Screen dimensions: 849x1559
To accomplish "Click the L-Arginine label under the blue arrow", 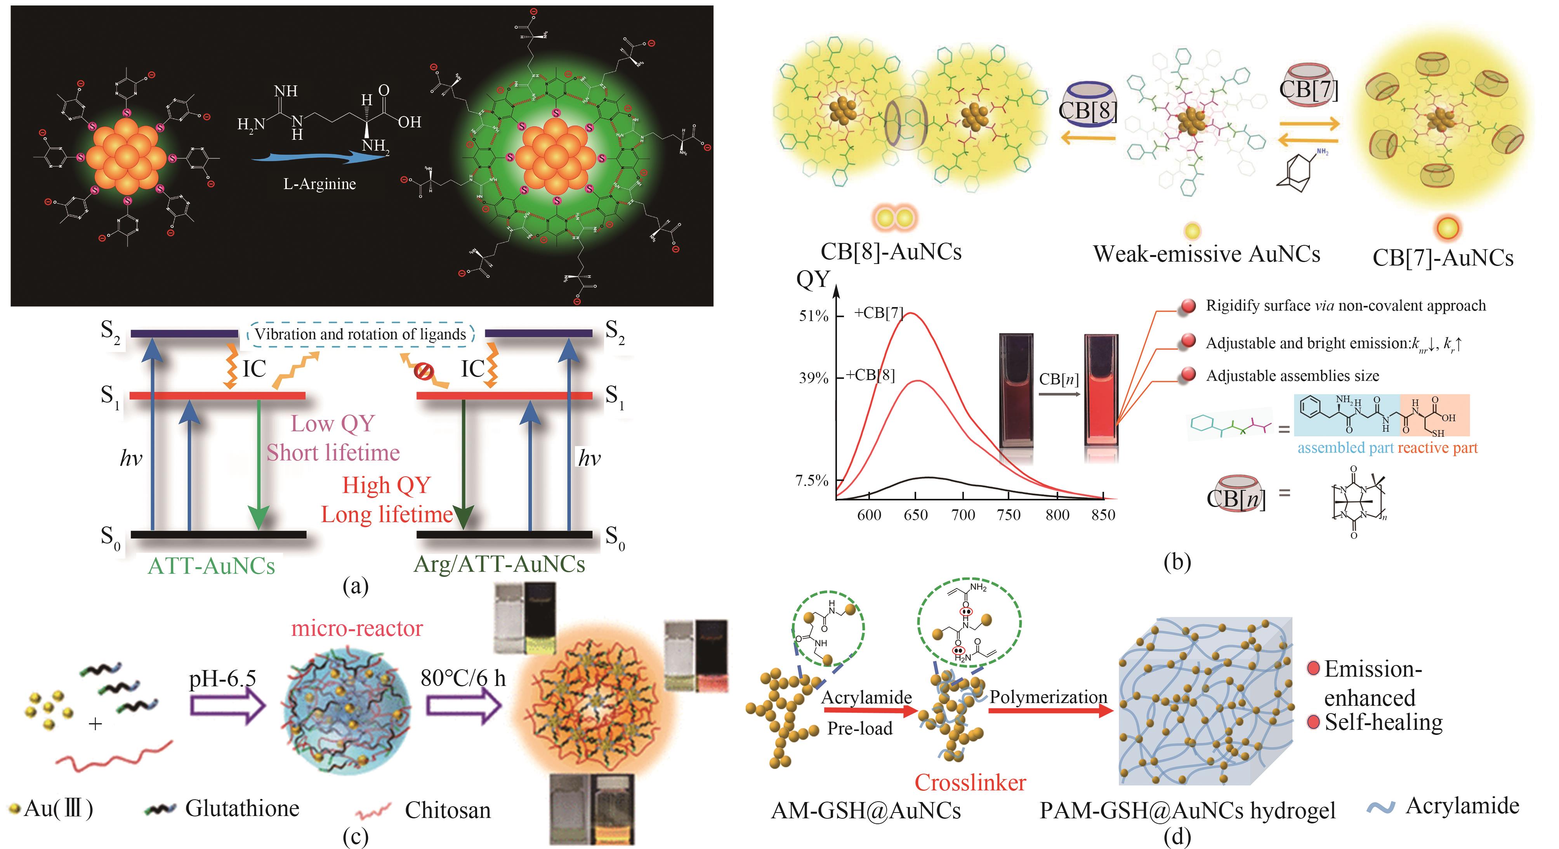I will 319,184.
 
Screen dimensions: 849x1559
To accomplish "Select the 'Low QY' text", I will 333,424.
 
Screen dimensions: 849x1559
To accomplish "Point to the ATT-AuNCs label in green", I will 211,566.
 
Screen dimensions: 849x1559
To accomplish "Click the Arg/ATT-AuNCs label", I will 499,564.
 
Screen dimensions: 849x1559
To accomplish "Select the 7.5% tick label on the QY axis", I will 812,481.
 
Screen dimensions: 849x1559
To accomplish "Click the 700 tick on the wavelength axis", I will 962,515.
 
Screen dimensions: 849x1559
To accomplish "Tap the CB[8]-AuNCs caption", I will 891,252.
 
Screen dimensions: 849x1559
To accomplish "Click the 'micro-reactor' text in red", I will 357,628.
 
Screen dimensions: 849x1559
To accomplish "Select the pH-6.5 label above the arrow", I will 222,678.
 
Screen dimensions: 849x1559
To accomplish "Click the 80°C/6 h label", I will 463,678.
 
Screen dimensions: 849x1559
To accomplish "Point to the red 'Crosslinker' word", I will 970,783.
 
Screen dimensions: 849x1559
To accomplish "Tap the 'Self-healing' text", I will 1383,722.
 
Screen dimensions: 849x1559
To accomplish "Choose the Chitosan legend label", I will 447,810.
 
